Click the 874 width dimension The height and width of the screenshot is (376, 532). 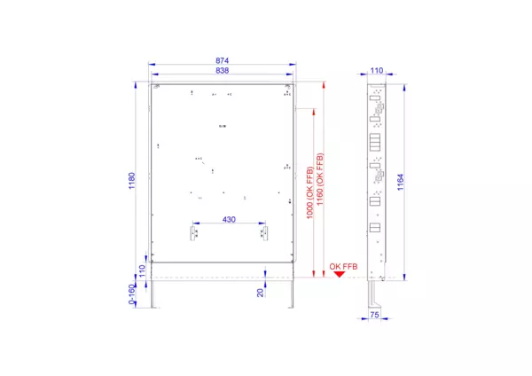pyautogui.click(x=223, y=60)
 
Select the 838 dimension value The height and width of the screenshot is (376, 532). pyautogui.click(x=223, y=70)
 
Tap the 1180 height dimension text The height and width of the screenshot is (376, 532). pyautogui.click(x=131, y=181)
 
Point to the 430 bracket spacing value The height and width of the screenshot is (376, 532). pyautogui.click(x=229, y=220)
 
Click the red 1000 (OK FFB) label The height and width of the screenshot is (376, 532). pyautogui.click(x=309, y=192)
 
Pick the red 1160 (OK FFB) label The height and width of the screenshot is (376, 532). pyautogui.click(x=319, y=179)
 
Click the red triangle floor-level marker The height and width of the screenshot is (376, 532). pyautogui.click(x=340, y=274)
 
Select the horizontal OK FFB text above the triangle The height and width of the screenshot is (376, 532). pyautogui.click(x=343, y=266)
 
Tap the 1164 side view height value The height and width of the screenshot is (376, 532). pyautogui.click(x=401, y=182)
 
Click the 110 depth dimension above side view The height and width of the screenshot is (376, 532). pyautogui.click(x=377, y=70)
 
